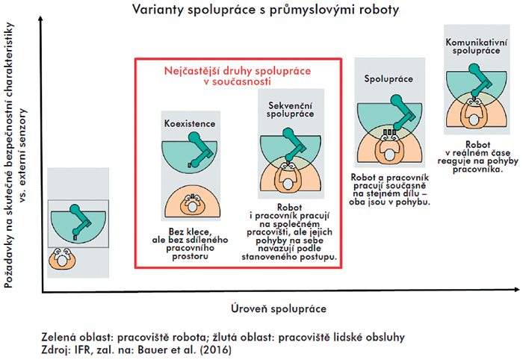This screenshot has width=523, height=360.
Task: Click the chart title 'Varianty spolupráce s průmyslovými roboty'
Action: point(265,10)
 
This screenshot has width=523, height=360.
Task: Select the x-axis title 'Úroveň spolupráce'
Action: point(279,308)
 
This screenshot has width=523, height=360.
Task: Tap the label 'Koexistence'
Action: point(190,124)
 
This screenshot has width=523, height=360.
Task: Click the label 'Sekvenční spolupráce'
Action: point(290,110)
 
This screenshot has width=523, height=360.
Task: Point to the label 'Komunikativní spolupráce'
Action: point(477,46)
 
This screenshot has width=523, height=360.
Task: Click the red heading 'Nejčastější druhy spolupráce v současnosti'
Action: point(238,76)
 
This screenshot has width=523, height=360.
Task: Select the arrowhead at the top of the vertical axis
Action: point(40,19)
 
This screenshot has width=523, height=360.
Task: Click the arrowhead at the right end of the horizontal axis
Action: point(516,290)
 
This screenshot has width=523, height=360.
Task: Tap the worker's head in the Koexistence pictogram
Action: point(192,207)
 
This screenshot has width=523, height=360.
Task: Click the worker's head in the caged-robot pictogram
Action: point(63,260)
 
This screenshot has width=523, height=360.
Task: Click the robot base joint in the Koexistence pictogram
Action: point(194,137)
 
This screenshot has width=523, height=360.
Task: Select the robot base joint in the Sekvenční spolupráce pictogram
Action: point(288,134)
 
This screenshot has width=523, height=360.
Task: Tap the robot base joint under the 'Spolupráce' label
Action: point(396,100)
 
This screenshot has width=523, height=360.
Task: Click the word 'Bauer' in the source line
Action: point(149,350)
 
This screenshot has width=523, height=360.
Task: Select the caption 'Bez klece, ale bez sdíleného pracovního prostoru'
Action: point(190,244)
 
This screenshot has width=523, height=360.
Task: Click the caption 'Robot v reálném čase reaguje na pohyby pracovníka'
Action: point(478,157)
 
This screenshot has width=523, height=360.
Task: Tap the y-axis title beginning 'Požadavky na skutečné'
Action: point(15,155)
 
